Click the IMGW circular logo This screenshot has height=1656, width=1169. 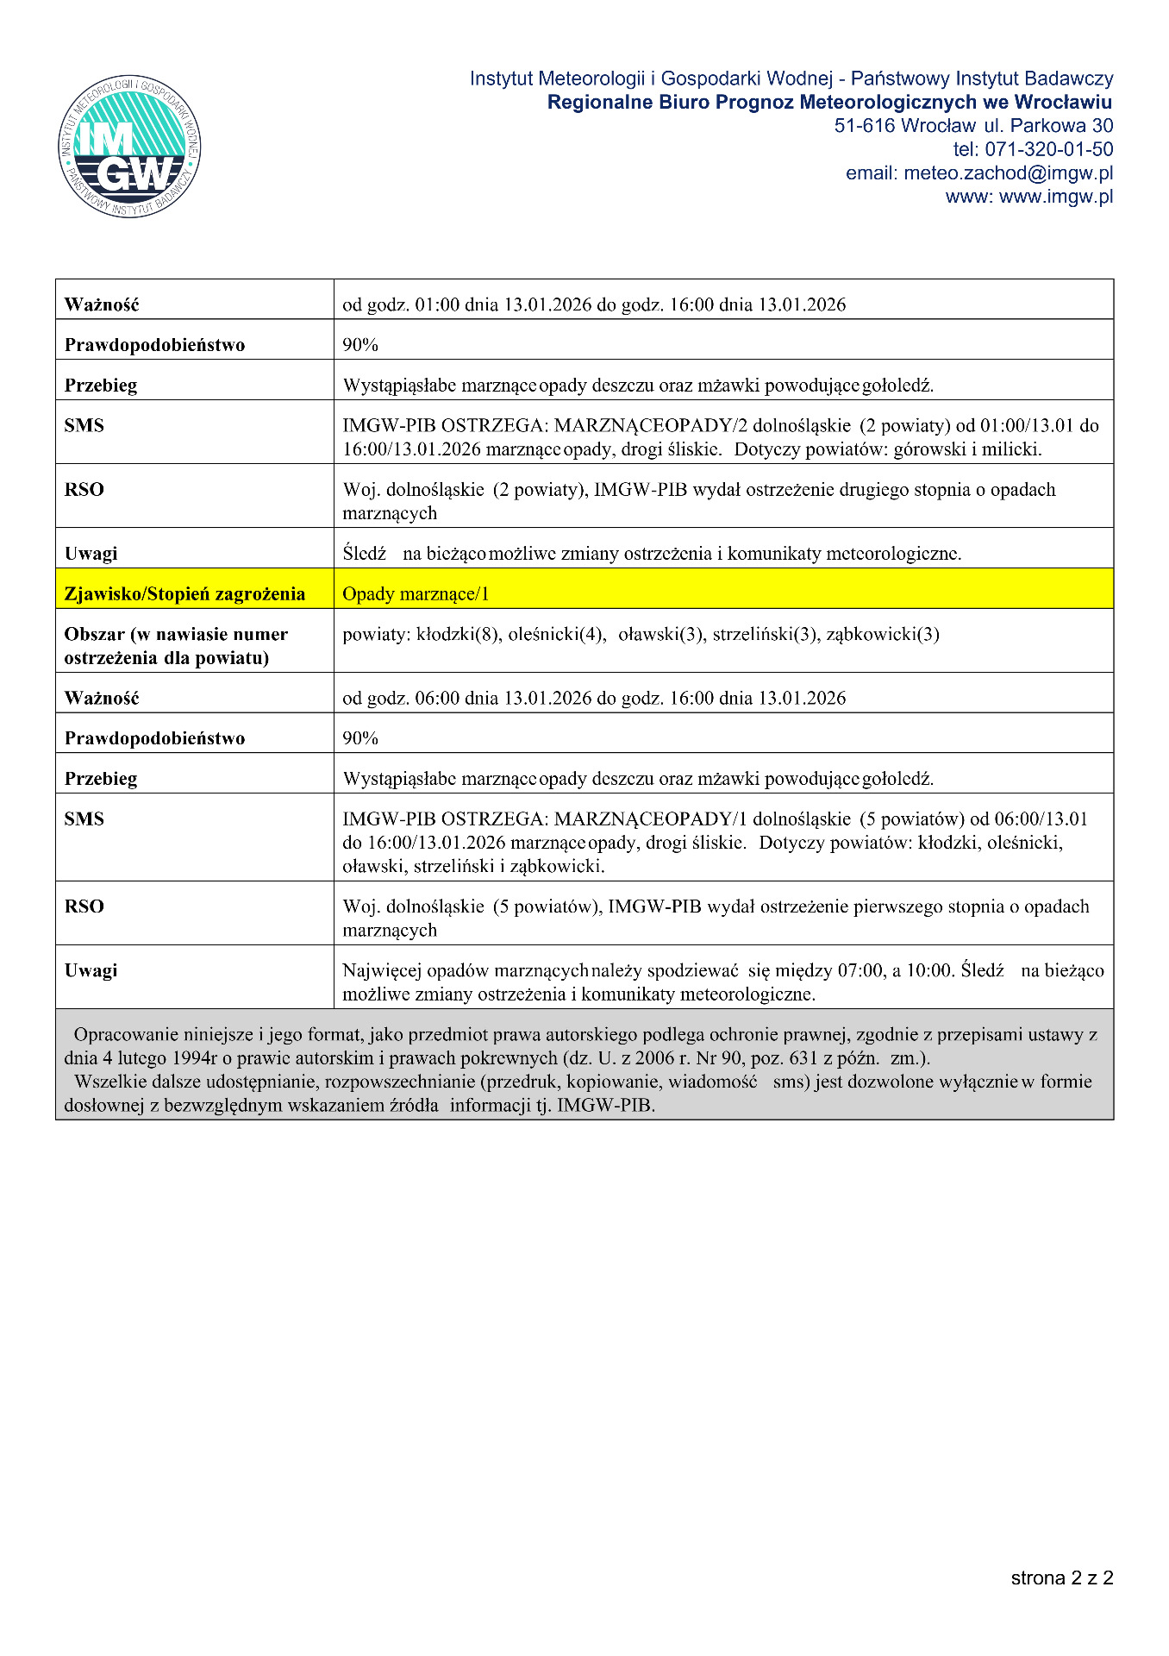click(x=129, y=146)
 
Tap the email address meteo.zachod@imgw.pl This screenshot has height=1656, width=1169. click(x=1008, y=173)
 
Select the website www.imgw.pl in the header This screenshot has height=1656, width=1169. click(x=1055, y=197)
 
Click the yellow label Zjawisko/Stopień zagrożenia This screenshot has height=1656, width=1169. click(x=184, y=594)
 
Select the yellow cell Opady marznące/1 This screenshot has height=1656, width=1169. click(x=416, y=594)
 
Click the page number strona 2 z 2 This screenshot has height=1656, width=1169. click(x=1061, y=1578)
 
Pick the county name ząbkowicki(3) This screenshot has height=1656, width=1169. click(x=883, y=635)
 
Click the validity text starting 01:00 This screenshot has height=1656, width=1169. click(x=594, y=304)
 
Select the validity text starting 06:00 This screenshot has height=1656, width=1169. click(x=594, y=698)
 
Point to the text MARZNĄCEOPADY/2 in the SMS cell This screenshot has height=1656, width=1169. click(x=651, y=426)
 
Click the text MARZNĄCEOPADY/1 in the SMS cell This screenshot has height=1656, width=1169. click(x=651, y=819)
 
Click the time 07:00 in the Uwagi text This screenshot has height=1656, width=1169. click(x=860, y=970)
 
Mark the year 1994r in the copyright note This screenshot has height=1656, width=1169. click(x=196, y=1058)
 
